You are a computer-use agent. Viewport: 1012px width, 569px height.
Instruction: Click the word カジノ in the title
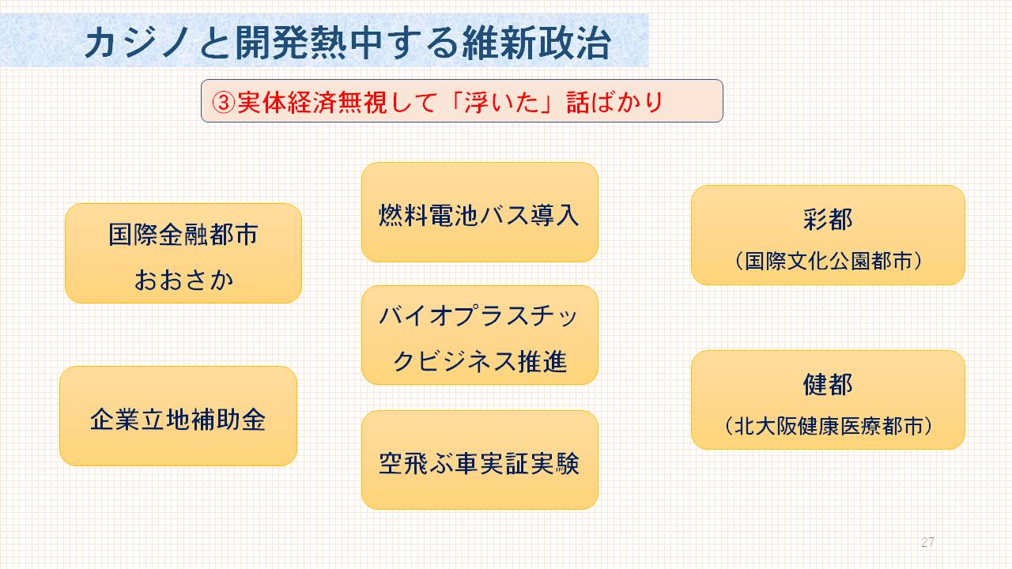click(137, 43)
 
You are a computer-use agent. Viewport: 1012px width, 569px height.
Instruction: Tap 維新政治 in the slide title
click(537, 43)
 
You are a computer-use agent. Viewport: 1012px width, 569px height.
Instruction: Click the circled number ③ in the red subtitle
click(224, 103)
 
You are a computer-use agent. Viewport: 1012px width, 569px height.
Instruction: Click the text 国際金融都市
click(183, 235)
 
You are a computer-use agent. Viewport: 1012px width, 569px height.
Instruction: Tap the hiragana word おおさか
click(184, 280)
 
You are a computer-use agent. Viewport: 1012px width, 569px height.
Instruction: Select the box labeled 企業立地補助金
click(179, 416)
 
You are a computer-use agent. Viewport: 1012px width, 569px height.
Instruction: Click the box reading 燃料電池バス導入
click(480, 213)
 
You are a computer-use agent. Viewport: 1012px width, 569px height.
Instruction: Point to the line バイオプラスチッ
click(479, 315)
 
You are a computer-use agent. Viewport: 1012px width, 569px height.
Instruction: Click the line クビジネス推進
click(480, 361)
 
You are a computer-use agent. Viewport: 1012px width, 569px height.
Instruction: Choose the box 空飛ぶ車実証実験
click(480, 460)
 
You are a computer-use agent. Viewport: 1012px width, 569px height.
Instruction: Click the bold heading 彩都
click(828, 220)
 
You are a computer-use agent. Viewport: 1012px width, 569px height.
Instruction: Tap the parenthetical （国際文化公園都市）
click(828, 261)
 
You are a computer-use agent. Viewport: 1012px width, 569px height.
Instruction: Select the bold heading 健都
click(828, 384)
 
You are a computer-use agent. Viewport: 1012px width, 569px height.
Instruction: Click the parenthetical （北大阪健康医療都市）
click(828, 426)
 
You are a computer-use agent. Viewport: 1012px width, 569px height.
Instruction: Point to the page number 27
click(928, 542)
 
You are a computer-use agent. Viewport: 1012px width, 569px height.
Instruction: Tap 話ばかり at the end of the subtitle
click(614, 103)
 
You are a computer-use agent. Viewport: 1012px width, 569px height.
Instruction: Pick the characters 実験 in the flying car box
click(555, 464)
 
